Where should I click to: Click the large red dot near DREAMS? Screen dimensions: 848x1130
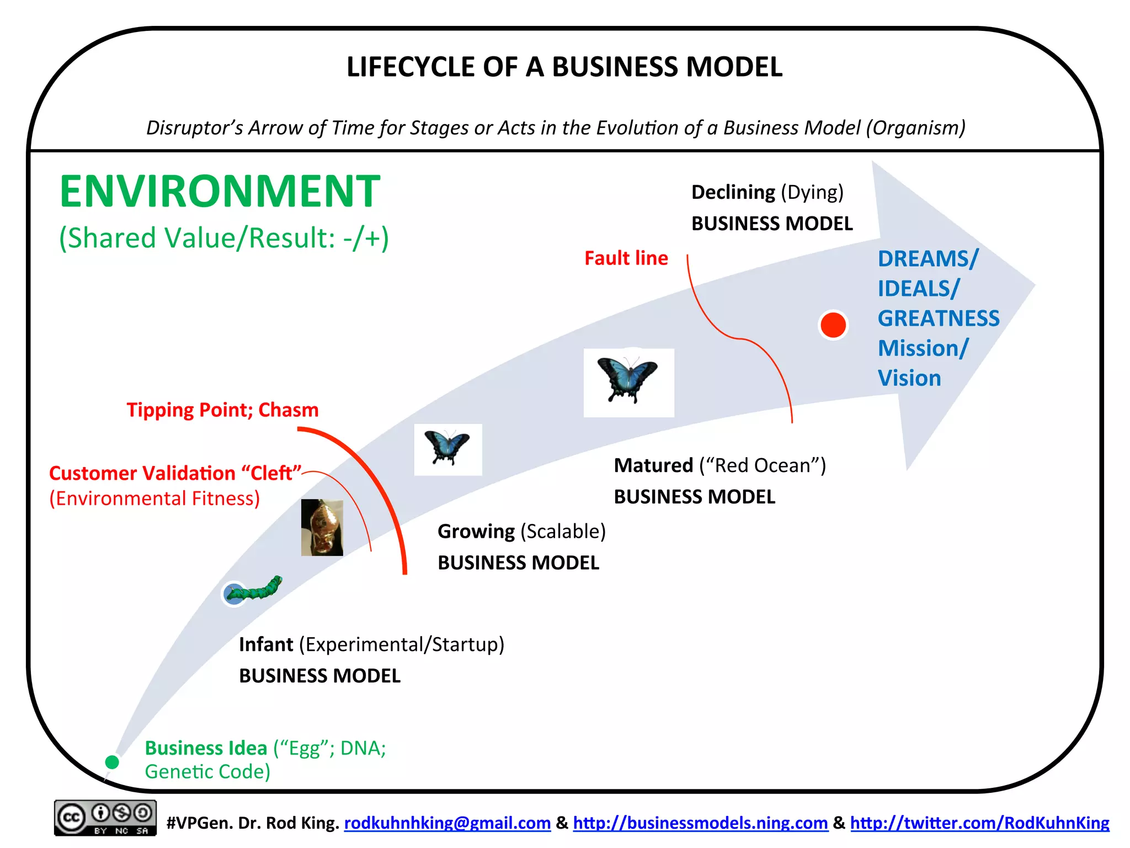[833, 325]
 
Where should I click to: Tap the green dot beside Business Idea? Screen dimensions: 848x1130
[112, 762]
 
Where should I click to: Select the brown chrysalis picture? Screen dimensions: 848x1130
[322, 527]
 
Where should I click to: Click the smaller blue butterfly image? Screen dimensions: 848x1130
[447, 449]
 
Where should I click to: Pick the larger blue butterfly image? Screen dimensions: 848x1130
[628, 382]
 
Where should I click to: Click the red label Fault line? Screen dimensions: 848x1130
[626, 258]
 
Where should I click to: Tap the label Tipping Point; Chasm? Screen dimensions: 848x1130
[222, 410]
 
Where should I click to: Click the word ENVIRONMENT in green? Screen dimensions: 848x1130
[220, 191]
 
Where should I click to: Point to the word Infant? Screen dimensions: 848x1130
[265, 644]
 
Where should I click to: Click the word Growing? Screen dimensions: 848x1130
[476, 531]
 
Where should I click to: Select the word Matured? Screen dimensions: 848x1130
[653, 465]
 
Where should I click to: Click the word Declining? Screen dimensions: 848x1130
[733, 192]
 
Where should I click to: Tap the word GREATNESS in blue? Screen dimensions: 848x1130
[938, 319]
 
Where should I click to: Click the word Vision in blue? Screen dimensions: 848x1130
[909, 378]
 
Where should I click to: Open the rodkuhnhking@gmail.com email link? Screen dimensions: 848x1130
[447, 823]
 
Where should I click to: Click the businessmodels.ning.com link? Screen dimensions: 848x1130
[700, 823]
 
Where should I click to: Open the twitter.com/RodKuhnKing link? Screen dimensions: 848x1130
[979, 823]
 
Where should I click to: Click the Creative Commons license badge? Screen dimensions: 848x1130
[105, 818]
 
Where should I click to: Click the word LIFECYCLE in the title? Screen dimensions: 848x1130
[411, 67]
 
